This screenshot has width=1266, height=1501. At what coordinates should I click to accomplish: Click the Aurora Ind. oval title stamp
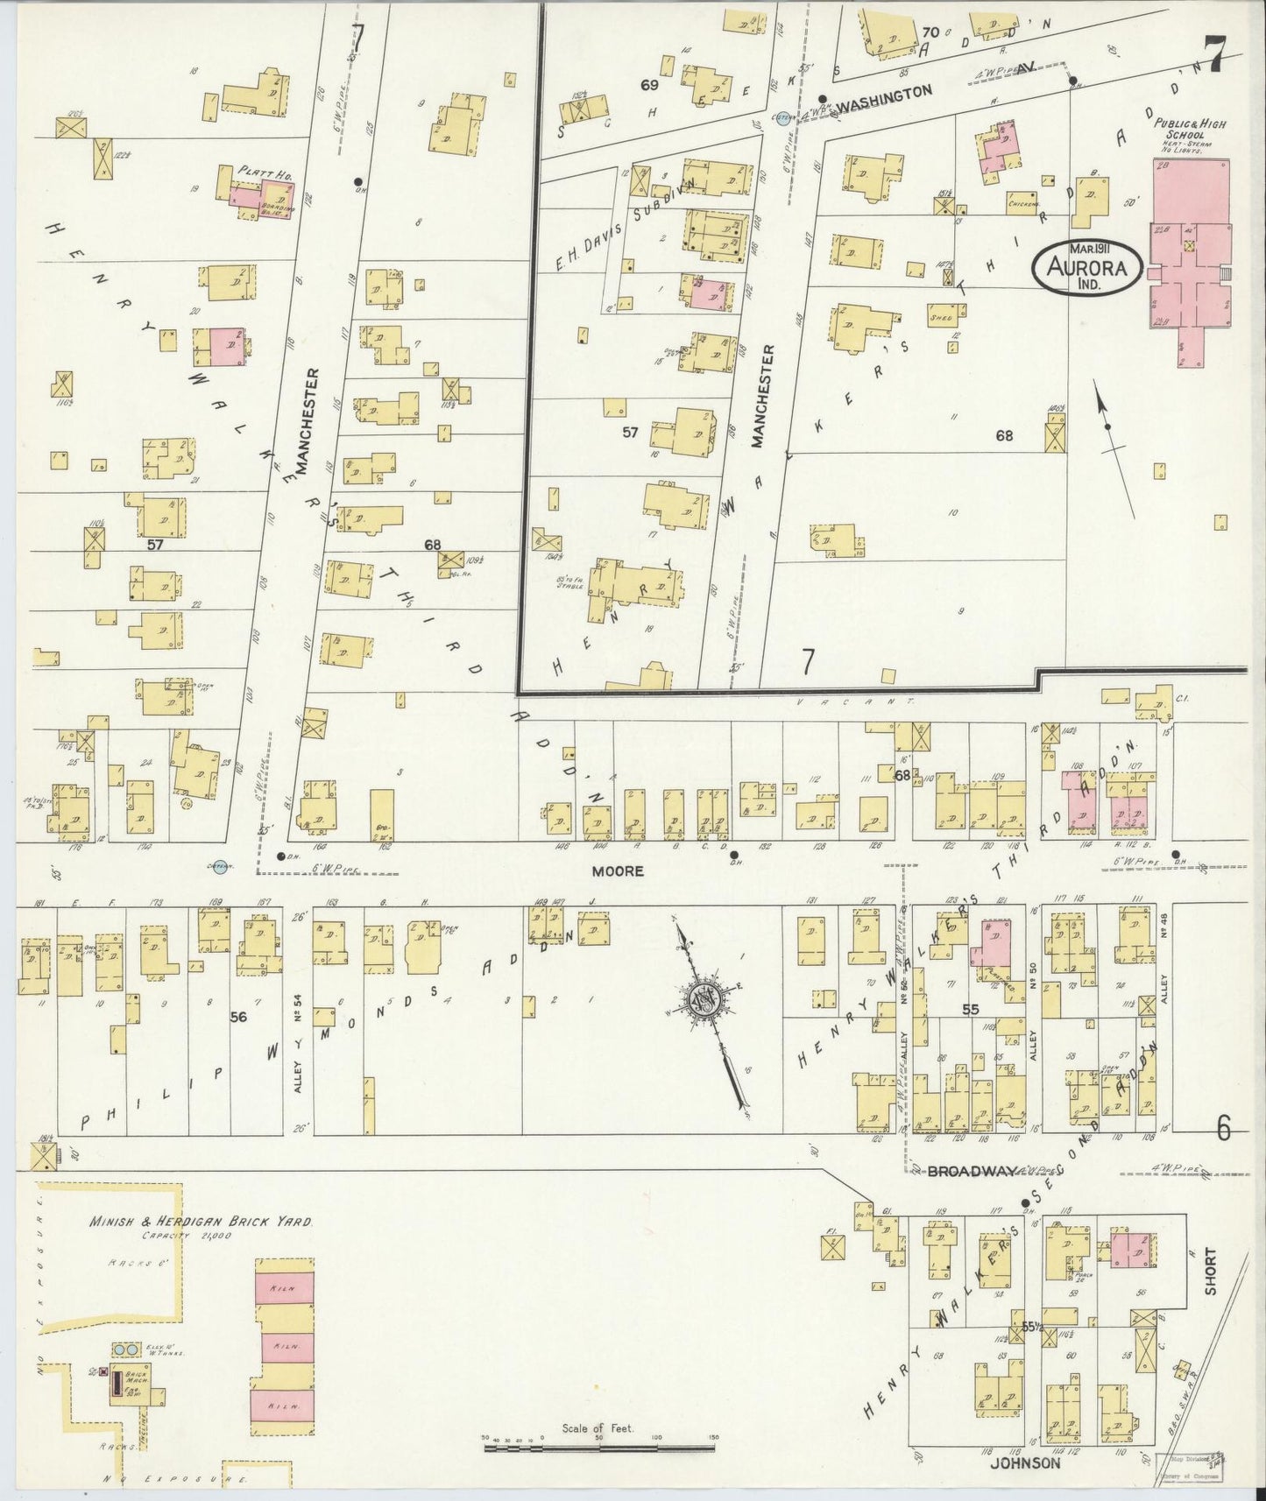click(1086, 267)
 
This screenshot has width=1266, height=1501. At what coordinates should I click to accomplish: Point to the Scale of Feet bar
click(600, 1444)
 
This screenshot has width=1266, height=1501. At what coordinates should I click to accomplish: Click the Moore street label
click(617, 871)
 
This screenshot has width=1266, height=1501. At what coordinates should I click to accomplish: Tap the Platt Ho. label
click(265, 173)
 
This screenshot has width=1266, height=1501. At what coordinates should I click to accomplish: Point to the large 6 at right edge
click(1223, 1130)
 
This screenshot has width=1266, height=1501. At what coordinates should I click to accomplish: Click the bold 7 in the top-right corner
click(1214, 54)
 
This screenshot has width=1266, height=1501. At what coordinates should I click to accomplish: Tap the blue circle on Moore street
click(220, 864)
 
